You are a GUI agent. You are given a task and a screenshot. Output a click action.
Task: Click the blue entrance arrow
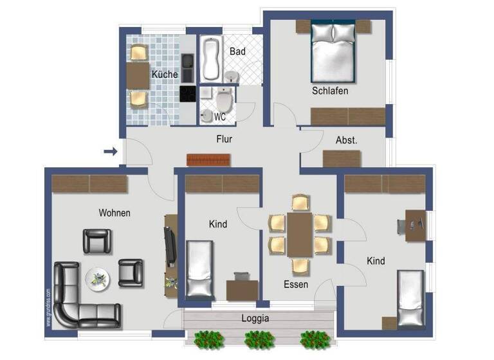coord(111,152)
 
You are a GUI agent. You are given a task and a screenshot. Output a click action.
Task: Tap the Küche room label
coord(165,75)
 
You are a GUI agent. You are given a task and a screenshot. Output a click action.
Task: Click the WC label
coord(219,118)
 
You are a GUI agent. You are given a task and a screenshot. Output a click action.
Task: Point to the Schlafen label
coord(330,91)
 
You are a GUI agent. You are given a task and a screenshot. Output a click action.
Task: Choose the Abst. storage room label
coord(346,140)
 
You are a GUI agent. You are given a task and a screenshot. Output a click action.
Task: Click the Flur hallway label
coord(224,139)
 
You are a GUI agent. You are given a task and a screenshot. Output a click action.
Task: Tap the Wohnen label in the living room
coord(114,212)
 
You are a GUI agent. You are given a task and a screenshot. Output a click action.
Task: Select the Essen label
coord(296,284)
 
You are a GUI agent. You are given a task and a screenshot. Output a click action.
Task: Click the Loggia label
coord(255,318)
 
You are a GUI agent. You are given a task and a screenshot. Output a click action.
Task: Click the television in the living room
coord(170,246)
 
